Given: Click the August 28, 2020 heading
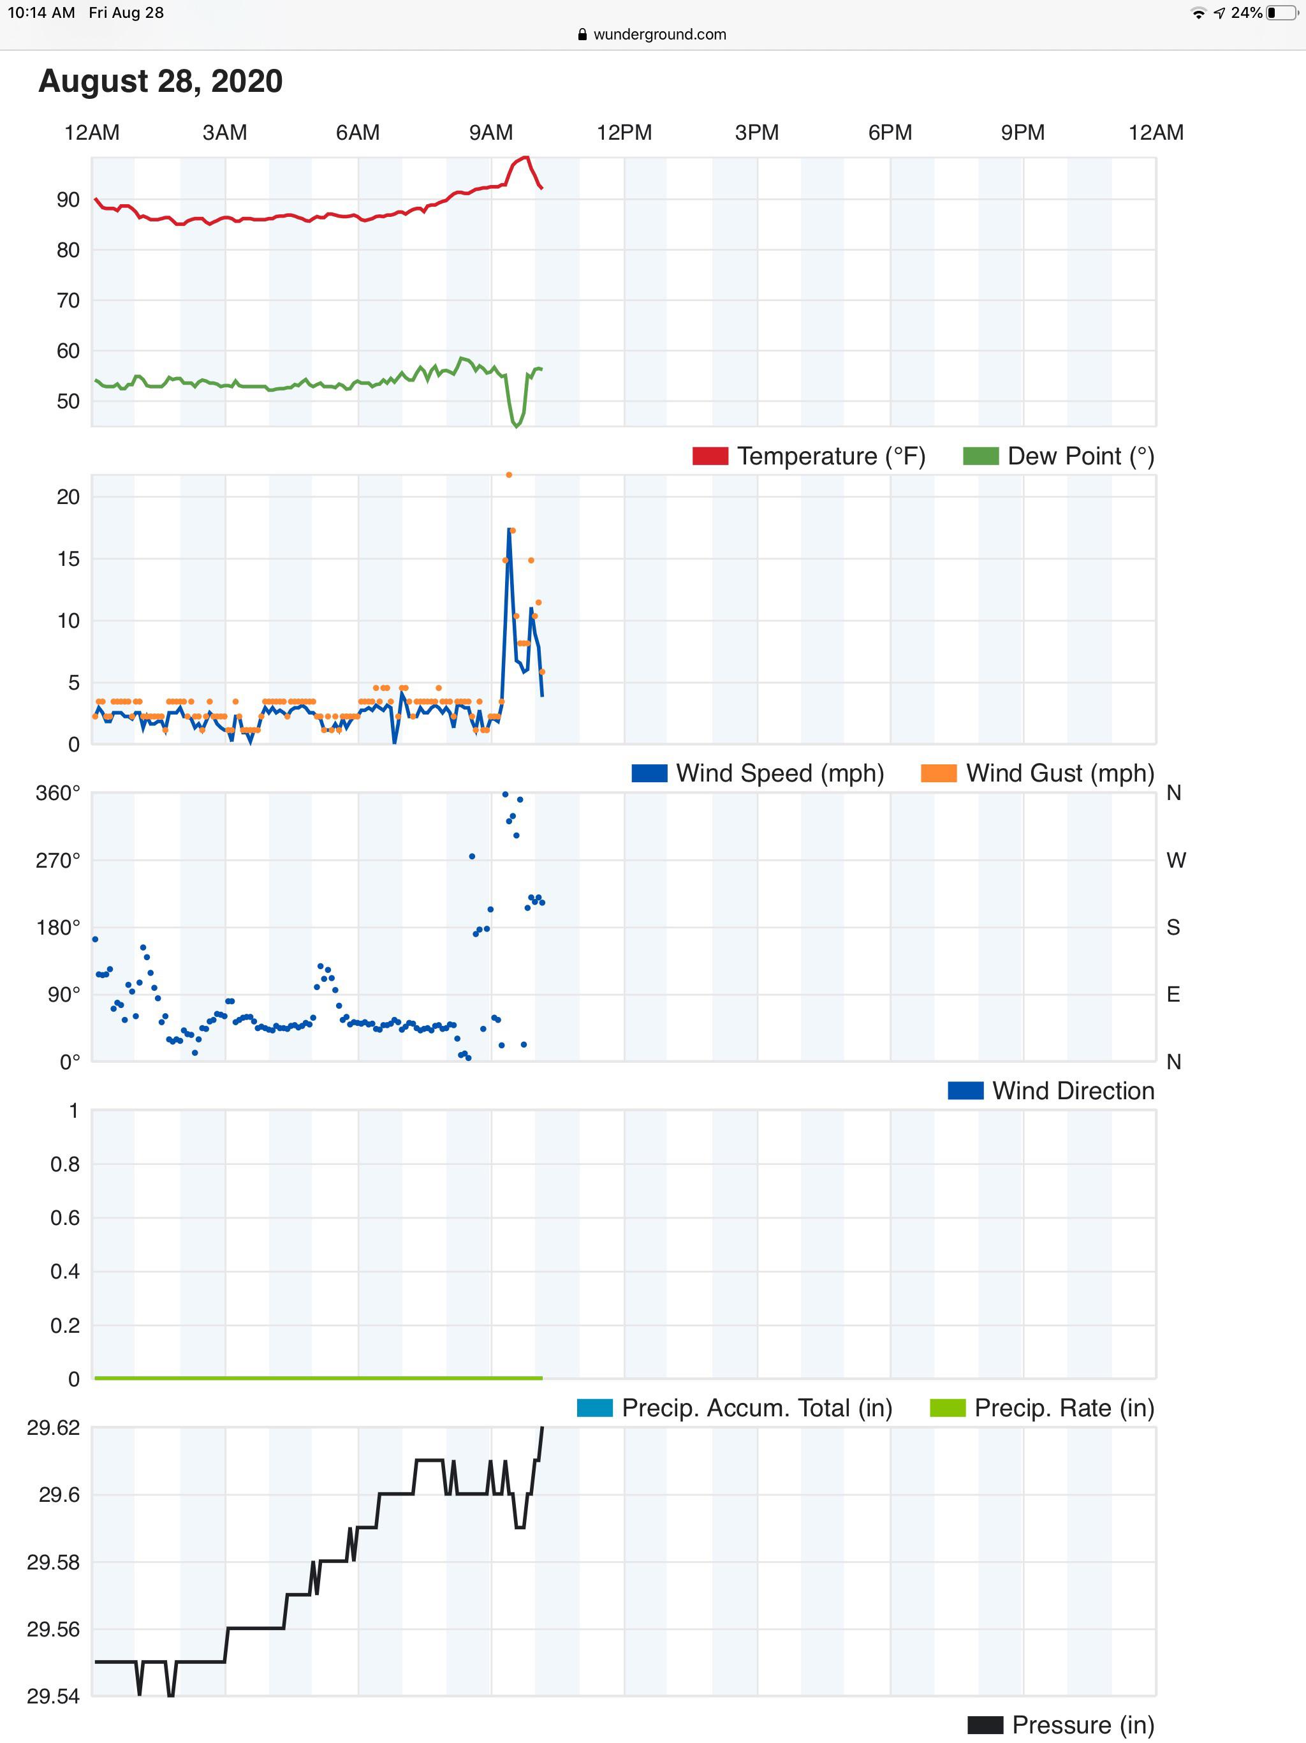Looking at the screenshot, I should coord(161,81).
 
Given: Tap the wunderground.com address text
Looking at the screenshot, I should coord(659,34).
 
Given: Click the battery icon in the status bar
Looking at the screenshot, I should coord(1282,13).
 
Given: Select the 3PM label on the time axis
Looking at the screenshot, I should coord(756,132).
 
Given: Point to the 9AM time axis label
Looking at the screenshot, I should coord(491,132).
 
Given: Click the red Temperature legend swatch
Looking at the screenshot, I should coord(710,456).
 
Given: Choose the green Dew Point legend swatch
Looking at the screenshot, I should coord(981,456).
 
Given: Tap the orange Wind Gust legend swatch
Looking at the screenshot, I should coord(939,773).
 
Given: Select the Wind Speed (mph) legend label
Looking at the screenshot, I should coord(780,773).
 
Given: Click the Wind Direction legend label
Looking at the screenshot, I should coord(1073,1090).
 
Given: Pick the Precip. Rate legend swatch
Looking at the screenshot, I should coord(948,1407).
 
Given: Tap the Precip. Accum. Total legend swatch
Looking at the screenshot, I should coord(595,1407).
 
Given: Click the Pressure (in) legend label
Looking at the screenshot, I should coord(1083,1725).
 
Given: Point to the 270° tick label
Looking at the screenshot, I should coord(58,859).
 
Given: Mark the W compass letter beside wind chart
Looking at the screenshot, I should coord(1175,859).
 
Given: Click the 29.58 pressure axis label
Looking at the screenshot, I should coord(54,1562).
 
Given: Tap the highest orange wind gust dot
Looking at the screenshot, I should coord(509,475).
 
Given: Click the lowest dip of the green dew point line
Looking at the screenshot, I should coord(517,426).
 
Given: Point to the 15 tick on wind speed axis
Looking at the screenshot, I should coord(68,559).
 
